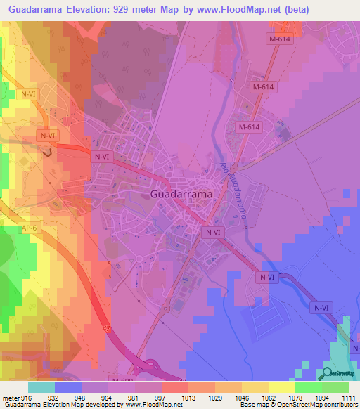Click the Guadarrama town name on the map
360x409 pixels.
tap(181, 193)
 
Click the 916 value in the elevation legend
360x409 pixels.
tap(26, 398)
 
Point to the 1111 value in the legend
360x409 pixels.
tap(348, 398)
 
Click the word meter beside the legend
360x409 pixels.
tap(9, 398)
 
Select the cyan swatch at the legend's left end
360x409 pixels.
tap(41, 387)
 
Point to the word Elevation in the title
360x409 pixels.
tap(96, 10)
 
